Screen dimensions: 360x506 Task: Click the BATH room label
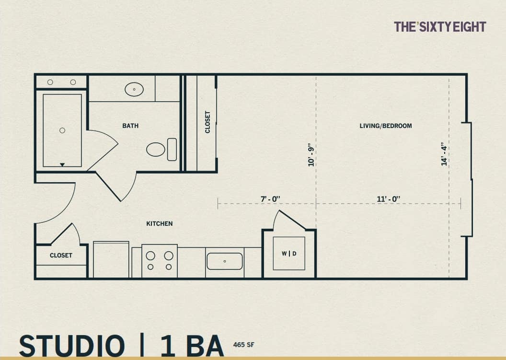pyautogui.click(x=130, y=126)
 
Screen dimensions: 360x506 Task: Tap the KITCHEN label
pyautogui.click(x=159, y=223)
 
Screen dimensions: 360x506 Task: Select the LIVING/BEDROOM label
pyautogui.click(x=385, y=126)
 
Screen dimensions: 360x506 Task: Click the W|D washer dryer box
pyautogui.click(x=289, y=253)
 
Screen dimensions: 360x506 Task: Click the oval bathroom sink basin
pyautogui.click(x=134, y=89)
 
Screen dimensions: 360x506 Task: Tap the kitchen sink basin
pyautogui.click(x=224, y=261)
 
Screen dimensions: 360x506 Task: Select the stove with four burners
pyautogui.click(x=160, y=261)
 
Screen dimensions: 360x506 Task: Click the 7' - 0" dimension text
pyautogui.click(x=270, y=198)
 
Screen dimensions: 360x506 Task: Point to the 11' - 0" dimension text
pyautogui.click(x=389, y=198)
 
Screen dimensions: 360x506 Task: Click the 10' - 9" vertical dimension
pyautogui.click(x=311, y=154)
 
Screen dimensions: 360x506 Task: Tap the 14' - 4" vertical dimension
pyautogui.click(x=444, y=154)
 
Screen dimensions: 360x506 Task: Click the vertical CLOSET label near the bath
pyautogui.click(x=207, y=122)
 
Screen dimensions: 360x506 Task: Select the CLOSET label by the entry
pyautogui.click(x=61, y=255)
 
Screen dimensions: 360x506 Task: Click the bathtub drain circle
pyautogui.click(x=62, y=130)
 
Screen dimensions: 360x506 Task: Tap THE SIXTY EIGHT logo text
pyautogui.click(x=439, y=27)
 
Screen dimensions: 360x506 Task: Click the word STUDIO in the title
pyautogui.click(x=71, y=346)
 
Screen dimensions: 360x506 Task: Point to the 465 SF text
pyautogui.click(x=243, y=344)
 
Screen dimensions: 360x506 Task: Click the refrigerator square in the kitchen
pyautogui.click(x=111, y=260)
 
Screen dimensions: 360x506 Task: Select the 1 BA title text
pyautogui.click(x=192, y=346)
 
